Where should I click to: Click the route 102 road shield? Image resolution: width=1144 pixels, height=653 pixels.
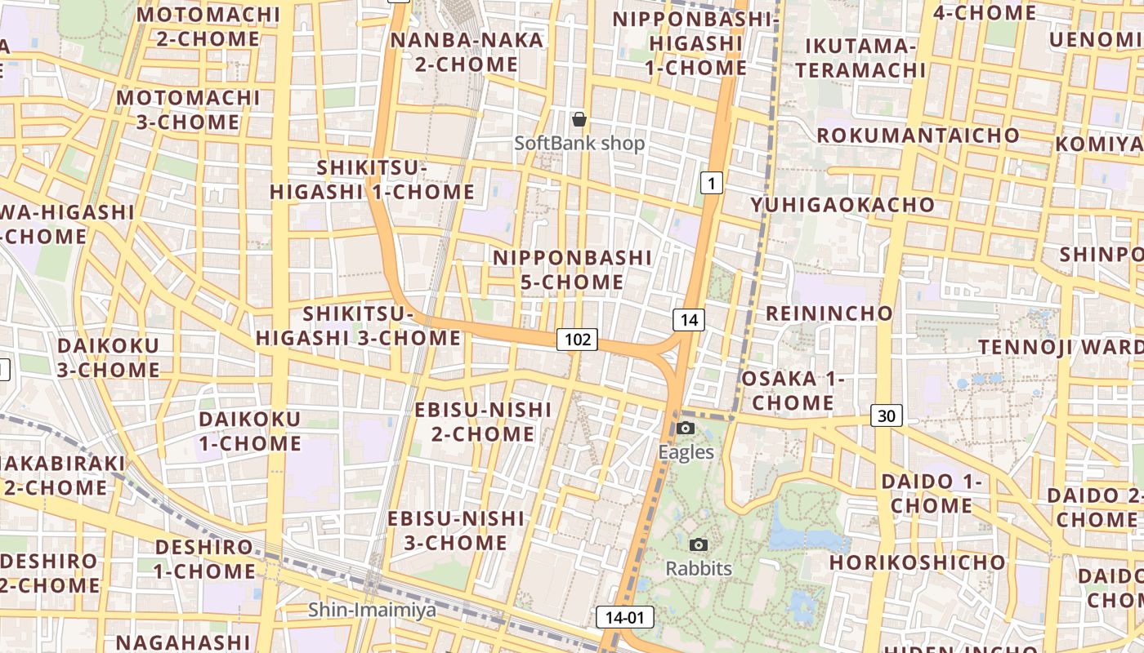pyautogui.click(x=578, y=339)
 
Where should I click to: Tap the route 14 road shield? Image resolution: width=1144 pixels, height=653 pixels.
pyautogui.click(x=689, y=320)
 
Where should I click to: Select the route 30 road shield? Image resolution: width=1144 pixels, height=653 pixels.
pyautogui.click(x=887, y=415)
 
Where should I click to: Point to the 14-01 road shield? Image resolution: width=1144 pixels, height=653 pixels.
pyautogui.click(x=625, y=617)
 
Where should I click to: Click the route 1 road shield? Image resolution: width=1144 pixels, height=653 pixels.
pyautogui.click(x=712, y=184)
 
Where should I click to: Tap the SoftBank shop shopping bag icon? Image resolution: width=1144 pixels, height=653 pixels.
pyautogui.click(x=579, y=119)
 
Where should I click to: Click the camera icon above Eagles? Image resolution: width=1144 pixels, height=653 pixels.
pyautogui.click(x=686, y=429)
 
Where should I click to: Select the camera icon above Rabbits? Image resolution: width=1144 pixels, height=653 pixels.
pyautogui.click(x=698, y=544)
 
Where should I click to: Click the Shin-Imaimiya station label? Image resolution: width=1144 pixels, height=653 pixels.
pyautogui.click(x=372, y=610)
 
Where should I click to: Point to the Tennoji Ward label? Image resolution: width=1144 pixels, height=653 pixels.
pyautogui.click(x=1060, y=347)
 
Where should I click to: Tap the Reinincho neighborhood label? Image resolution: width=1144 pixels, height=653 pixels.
pyautogui.click(x=829, y=313)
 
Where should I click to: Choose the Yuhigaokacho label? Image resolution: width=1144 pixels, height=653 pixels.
pyautogui.click(x=843, y=204)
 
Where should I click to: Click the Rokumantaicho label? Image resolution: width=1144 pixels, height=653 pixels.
pyautogui.click(x=918, y=135)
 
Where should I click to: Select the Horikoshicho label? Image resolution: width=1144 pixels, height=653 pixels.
pyautogui.click(x=917, y=562)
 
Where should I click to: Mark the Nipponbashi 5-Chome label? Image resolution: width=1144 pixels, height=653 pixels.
pyautogui.click(x=572, y=270)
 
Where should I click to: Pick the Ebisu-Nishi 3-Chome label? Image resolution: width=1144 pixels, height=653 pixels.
pyautogui.click(x=456, y=531)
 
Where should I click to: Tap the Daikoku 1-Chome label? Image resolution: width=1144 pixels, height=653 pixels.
pyautogui.click(x=250, y=432)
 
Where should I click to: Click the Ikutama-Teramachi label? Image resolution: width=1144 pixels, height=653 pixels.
pyautogui.click(x=860, y=58)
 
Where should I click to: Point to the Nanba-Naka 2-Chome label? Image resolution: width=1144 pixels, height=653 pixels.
pyautogui.click(x=467, y=52)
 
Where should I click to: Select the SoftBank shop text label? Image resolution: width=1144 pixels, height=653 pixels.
pyautogui.click(x=579, y=144)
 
